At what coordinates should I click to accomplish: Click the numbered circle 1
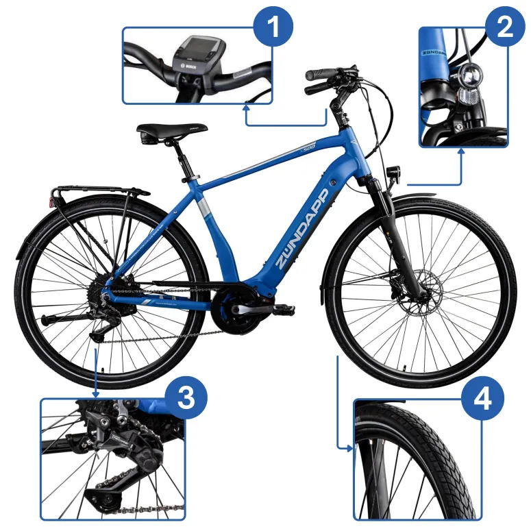click(272, 29)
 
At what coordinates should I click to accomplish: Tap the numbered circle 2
click(505, 28)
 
